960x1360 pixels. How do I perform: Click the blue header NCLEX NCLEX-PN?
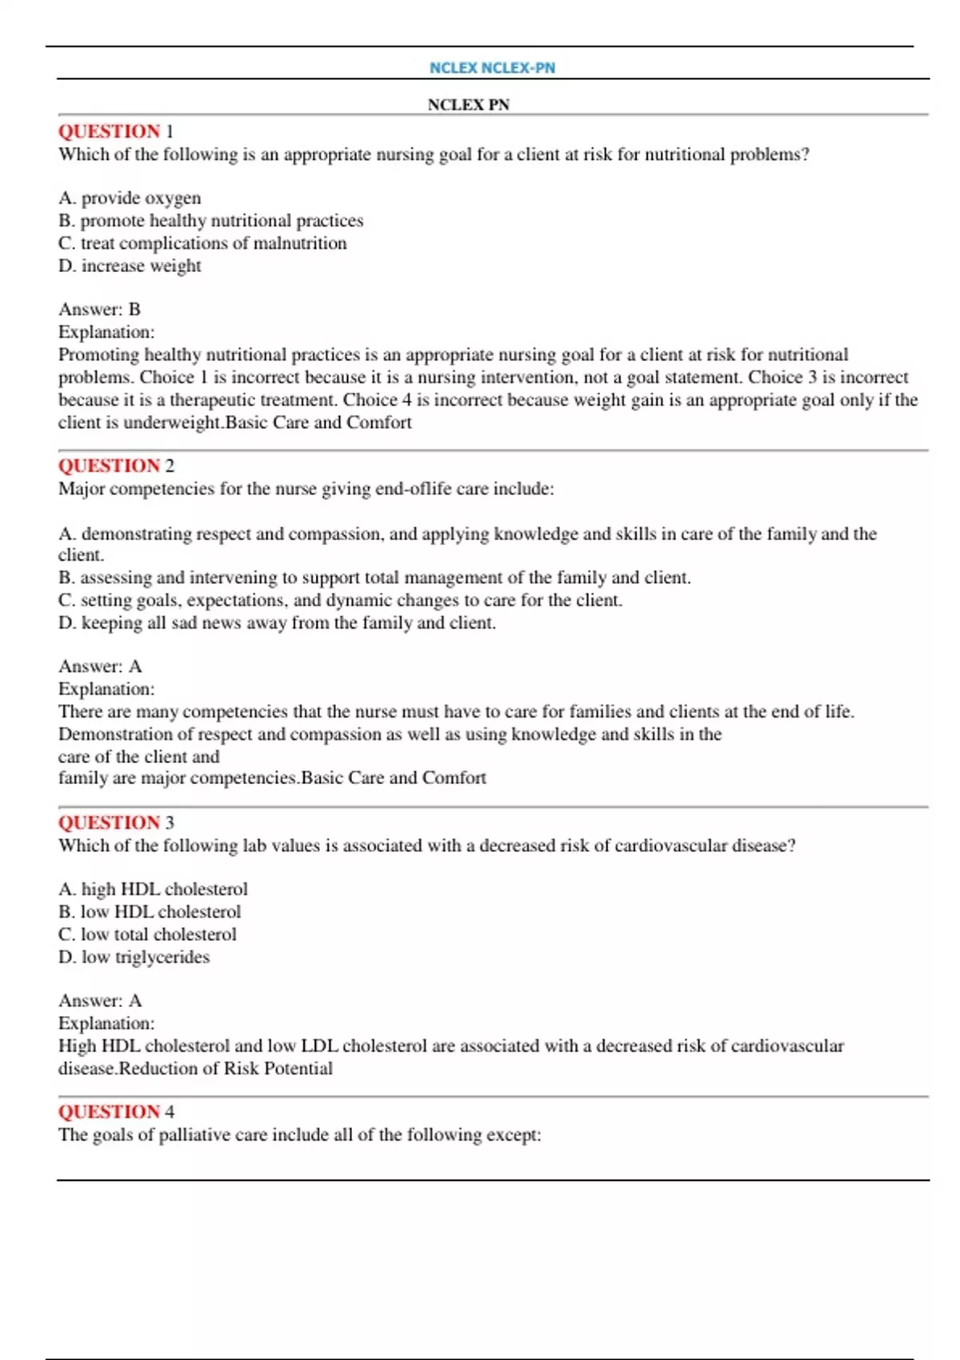492,68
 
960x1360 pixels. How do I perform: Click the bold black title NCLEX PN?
468,105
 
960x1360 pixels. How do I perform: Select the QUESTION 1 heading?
115,131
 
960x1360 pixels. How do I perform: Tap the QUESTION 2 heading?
116,466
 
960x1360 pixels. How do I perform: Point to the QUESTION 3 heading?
116,822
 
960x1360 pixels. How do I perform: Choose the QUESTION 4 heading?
116,1111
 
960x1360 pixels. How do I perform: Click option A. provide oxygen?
130,198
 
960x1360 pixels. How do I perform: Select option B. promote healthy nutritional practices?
210,220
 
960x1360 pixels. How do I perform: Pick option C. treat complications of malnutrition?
202,242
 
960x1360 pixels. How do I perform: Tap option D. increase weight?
130,266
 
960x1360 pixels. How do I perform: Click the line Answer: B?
99,309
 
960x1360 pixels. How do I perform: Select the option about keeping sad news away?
277,622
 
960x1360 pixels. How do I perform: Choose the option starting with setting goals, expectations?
340,600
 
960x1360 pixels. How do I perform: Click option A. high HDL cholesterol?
153,889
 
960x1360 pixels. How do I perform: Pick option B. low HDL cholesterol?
150,911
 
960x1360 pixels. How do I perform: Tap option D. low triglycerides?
134,957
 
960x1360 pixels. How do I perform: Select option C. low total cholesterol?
147,934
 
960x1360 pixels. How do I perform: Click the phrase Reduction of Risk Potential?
226,1069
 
